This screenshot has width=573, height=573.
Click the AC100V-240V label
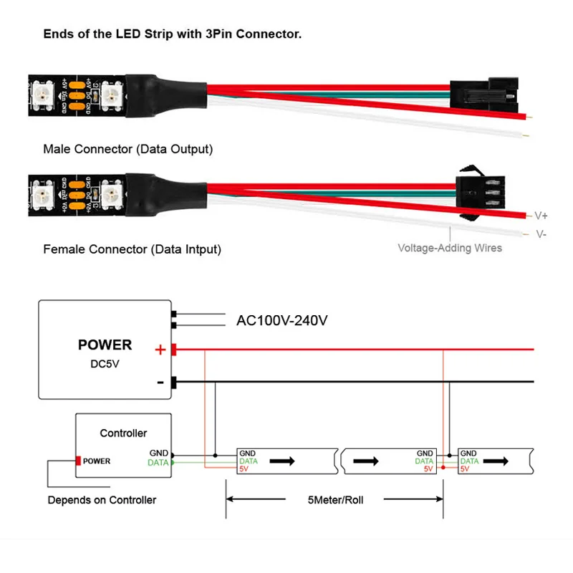(281, 320)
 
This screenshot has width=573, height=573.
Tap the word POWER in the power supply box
(105, 345)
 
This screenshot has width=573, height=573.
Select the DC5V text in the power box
(105, 365)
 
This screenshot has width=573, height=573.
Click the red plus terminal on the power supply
(173, 350)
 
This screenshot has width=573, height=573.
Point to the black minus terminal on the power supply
(173, 381)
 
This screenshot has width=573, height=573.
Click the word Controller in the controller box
(123, 433)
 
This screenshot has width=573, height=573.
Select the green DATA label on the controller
(158, 463)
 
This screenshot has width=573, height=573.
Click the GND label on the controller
(159, 453)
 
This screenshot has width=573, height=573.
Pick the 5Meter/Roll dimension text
(334, 500)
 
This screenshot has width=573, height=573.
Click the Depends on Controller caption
(102, 500)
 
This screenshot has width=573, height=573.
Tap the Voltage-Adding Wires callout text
(450, 248)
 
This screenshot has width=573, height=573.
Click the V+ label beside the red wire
(541, 215)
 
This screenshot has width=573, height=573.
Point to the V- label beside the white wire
(541, 234)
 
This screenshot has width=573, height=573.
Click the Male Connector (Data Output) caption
(127, 149)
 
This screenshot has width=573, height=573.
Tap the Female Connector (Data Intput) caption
(132, 249)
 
